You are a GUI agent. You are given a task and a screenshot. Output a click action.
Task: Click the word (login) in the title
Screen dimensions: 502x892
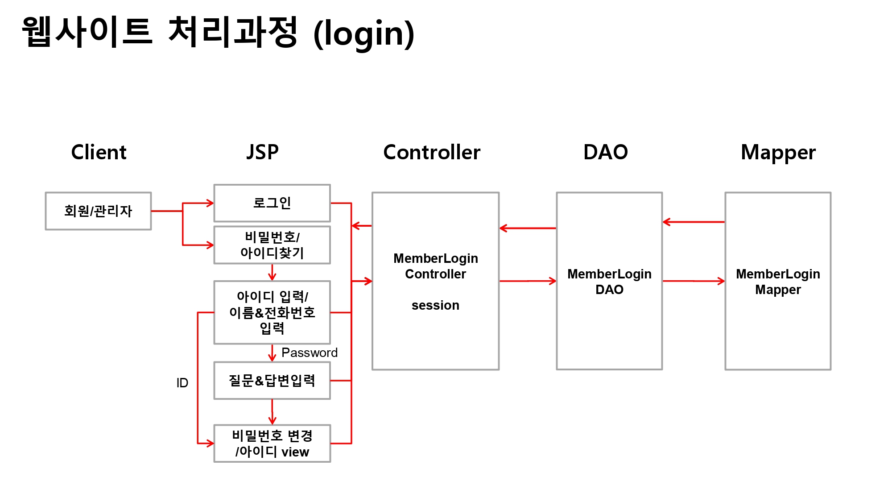tap(363, 34)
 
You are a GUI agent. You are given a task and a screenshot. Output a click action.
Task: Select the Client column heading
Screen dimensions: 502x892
tap(99, 152)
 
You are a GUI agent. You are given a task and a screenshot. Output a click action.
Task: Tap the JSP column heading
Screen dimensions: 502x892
tap(262, 152)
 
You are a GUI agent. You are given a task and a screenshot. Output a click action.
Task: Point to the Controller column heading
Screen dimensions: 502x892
tap(432, 152)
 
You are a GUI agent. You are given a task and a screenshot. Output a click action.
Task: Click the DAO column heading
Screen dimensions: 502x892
tap(605, 152)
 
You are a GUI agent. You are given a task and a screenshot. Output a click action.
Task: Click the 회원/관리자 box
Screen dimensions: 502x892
tap(98, 211)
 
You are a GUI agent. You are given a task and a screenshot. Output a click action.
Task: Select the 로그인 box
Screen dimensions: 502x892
tap(272, 203)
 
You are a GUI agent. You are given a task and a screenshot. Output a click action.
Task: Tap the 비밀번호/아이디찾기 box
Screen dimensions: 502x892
tap(272, 245)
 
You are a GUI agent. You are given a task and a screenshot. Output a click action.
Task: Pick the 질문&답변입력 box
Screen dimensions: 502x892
tap(272, 381)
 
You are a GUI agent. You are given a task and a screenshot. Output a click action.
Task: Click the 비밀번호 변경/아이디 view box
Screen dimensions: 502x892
tap(272, 444)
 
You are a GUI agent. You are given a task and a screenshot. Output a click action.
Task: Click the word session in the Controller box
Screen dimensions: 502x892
tap(435, 305)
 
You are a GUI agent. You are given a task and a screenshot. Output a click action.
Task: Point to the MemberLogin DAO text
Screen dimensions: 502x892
tap(609, 282)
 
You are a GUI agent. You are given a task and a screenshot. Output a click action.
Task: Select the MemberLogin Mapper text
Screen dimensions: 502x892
tap(778, 282)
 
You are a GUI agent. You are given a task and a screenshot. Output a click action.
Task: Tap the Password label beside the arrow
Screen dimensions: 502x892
tap(310, 353)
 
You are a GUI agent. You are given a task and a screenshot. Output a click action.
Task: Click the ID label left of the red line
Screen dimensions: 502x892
tap(182, 383)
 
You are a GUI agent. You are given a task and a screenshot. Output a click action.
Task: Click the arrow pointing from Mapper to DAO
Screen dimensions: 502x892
tap(694, 222)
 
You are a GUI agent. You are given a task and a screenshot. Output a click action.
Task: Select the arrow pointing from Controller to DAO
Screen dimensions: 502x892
tap(528, 281)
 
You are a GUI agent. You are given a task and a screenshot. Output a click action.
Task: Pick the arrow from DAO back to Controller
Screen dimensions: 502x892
tap(528, 228)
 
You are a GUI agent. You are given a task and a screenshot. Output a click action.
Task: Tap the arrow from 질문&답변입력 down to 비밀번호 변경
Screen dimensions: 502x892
tap(272, 412)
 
